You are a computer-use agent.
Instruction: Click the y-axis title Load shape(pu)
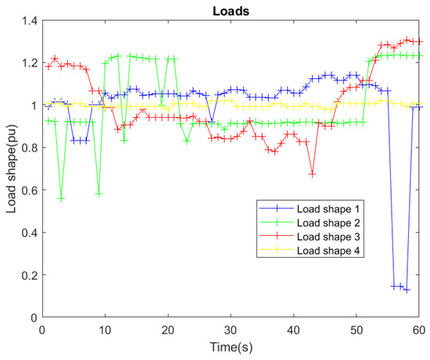(x=12, y=169)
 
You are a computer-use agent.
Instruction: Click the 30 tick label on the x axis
(x=232, y=331)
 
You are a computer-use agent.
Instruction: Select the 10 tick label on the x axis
(x=106, y=331)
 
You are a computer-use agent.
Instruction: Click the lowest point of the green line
(x=61, y=199)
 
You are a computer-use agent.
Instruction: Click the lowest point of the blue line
(x=407, y=290)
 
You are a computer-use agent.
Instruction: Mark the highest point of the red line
(x=407, y=39)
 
